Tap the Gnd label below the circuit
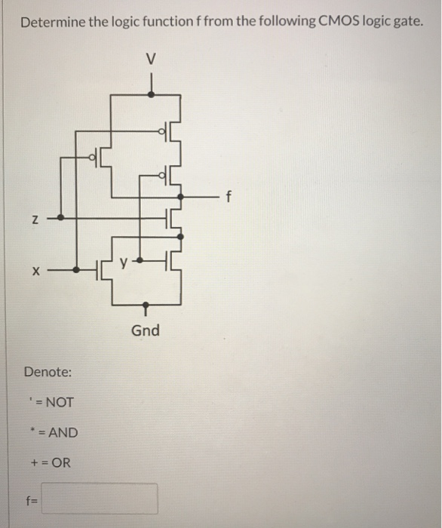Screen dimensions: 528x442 [146, 330]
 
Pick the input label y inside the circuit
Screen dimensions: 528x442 [130, 263]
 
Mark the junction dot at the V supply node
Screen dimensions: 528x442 [152, 94]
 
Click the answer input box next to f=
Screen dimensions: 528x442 [100, 499]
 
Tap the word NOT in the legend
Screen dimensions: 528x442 [60, 402]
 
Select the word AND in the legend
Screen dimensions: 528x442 [61, 433]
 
